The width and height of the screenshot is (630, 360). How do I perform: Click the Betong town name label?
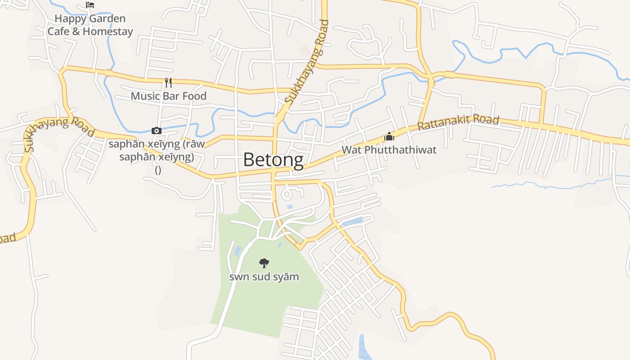point(273,160)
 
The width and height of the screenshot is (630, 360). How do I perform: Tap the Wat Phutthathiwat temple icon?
point(389,136)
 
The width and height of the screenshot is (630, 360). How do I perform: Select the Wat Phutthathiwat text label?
point(389,150)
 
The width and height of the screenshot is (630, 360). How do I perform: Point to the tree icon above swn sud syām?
point(264,263)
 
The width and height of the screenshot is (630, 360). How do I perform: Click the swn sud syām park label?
point(264,277)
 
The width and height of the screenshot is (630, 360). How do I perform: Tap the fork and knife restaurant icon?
point(168,83)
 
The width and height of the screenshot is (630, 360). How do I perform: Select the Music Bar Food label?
point(169,96)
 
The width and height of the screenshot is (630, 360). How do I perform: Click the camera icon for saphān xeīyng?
point(157,130)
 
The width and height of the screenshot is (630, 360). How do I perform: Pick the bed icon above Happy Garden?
point(90,5)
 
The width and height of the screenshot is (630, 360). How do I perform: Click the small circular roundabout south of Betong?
point(287,195)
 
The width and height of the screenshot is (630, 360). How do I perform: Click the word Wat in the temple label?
point(351,150)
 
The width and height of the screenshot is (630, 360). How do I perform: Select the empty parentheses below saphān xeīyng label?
point(158,170)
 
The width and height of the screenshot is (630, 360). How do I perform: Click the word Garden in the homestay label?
point(107,19)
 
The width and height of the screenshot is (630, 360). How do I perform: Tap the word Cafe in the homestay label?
point(58,31)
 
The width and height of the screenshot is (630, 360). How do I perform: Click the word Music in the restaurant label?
point(145,96)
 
